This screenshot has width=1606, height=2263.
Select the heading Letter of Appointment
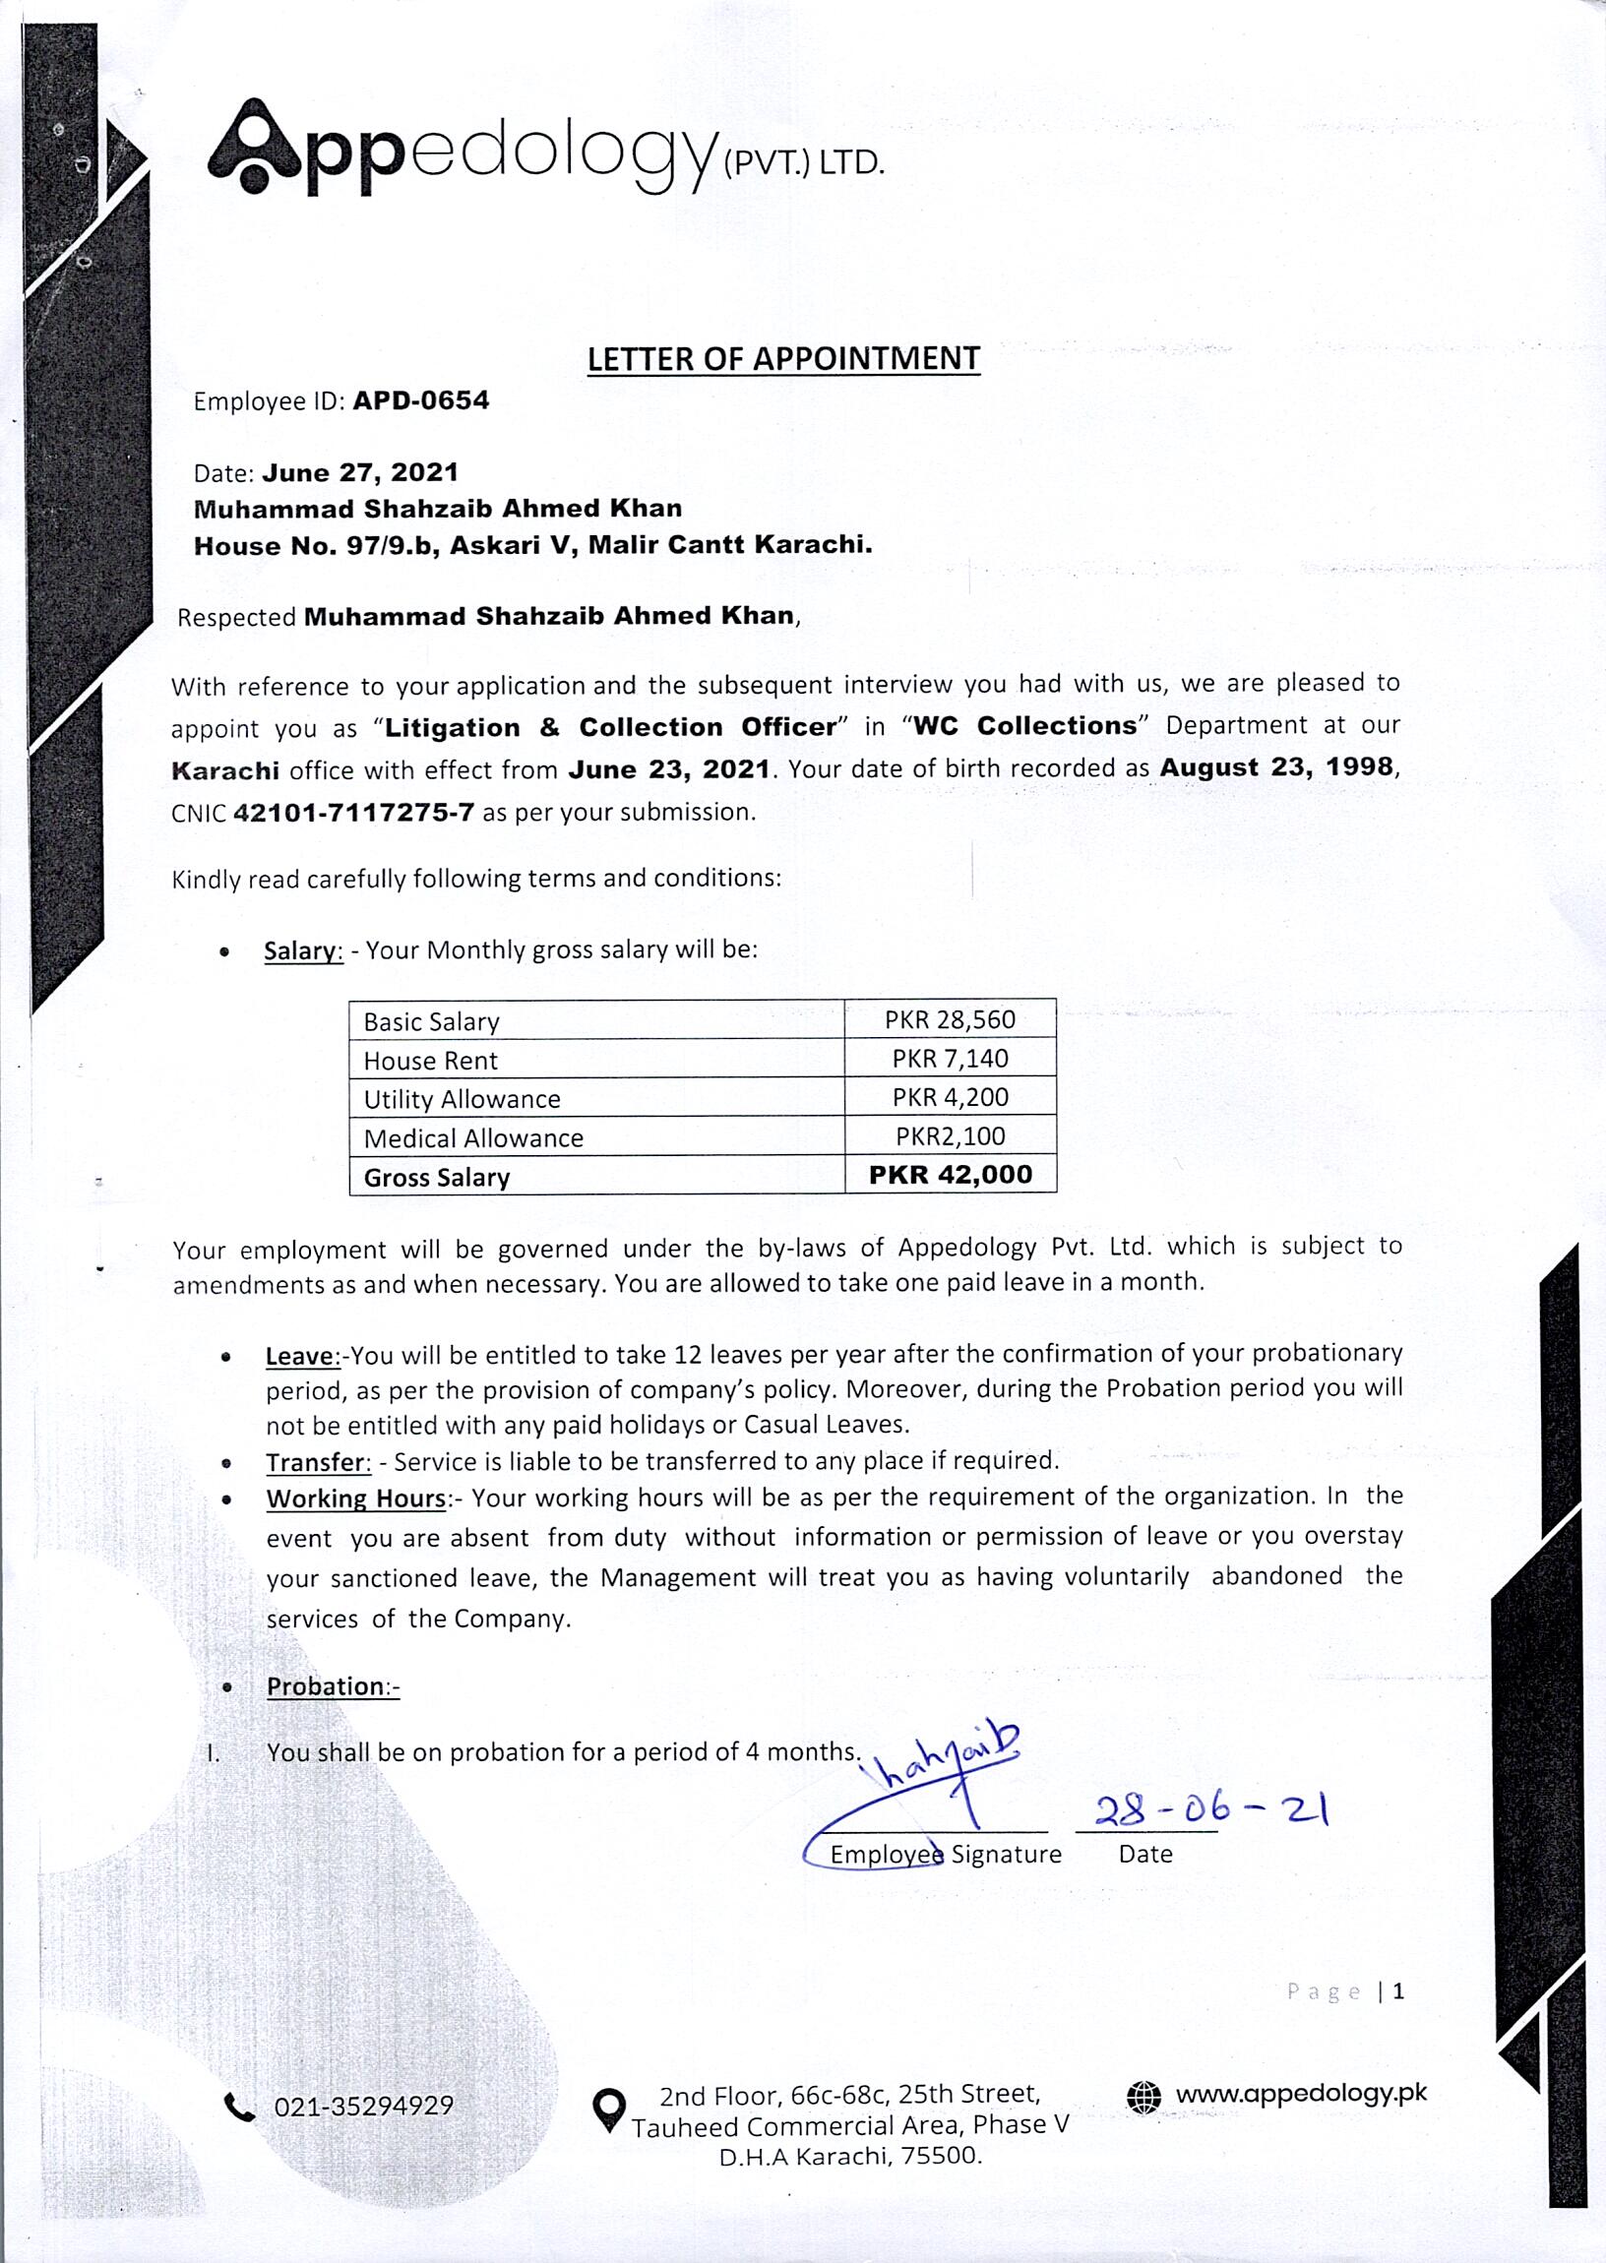(783, 359)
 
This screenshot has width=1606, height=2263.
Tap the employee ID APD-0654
(420, 400)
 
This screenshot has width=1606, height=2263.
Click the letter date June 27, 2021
(360, 472)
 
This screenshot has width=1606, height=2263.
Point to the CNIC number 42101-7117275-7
(353, 813)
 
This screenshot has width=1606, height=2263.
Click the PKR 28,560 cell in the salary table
(950, 1019)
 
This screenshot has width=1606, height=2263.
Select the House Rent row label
(430, 1061)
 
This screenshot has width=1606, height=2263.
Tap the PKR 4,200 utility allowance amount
(950, 1097)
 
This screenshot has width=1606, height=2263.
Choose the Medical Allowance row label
(472, 1138)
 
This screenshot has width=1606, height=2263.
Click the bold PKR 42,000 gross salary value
(950, 1175)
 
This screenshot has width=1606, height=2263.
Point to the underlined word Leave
(300, 1357)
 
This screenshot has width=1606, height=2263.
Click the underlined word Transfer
(318, 1462)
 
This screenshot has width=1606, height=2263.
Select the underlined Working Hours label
(356, 1498)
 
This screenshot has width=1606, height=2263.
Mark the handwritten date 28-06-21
(1210, 1809)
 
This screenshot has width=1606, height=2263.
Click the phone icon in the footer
(239, 2109)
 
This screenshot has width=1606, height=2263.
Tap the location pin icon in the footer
(608, 2109)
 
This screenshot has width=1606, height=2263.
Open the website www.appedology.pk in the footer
(1300, 2093)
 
